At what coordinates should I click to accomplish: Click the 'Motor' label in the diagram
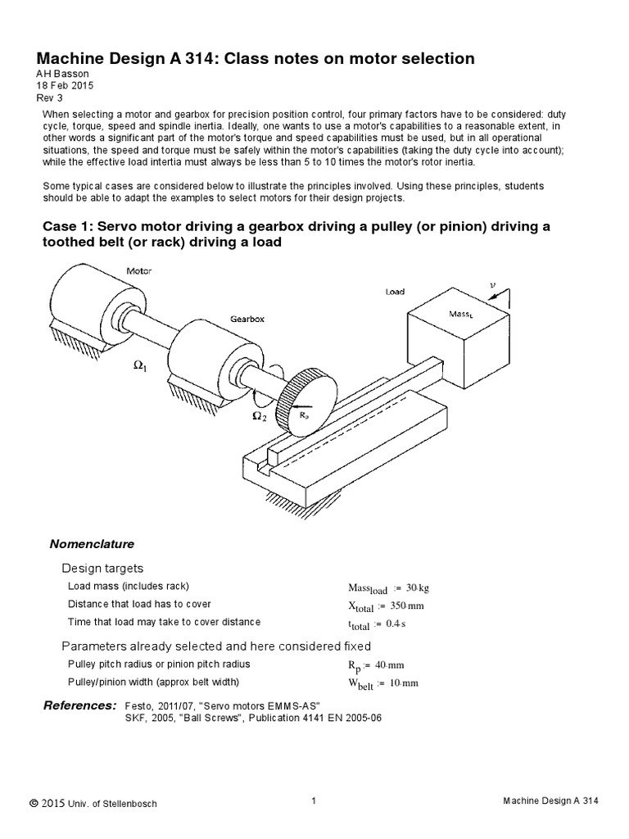(x=138, y=270)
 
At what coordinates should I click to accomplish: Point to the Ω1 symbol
(x=140, y=368)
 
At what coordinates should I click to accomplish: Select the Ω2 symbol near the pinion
(x=259, y=416)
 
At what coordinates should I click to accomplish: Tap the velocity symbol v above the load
(x=492, y=285)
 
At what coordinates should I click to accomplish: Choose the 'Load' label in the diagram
(x=394, y=291)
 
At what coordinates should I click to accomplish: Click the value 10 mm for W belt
(x=406, y=683)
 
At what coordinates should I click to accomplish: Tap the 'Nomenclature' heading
(x=92, y=544)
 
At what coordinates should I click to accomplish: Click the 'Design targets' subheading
(x=102, y=568)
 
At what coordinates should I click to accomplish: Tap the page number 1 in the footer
(x=314, y=801)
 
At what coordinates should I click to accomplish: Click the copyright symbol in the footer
(x=34, y=803)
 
